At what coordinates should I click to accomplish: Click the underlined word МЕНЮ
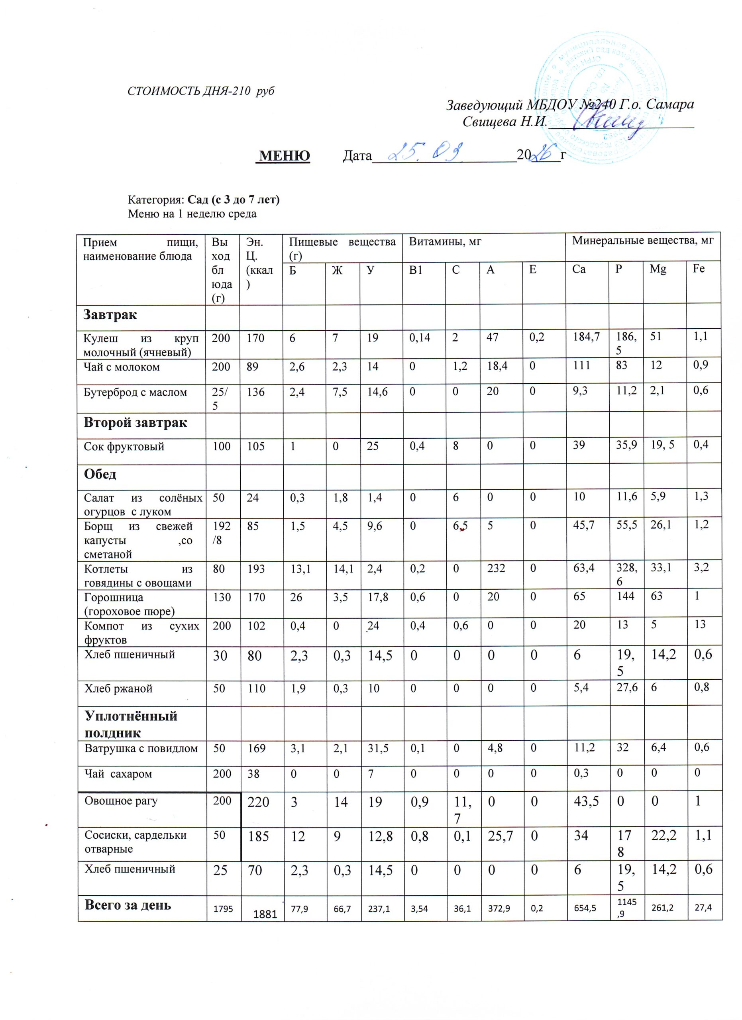point(285,156)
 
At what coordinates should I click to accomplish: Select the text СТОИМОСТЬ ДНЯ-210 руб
point(201,91)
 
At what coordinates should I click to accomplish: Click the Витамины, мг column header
point(445,241)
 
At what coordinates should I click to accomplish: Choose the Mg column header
point(658,269)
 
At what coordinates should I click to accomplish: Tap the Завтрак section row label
point(110,314)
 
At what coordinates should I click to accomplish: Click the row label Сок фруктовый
point(124,447)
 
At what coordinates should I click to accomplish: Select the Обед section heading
point(100,474)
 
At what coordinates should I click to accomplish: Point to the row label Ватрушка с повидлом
point(141,749)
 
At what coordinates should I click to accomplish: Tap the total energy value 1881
point(265,913)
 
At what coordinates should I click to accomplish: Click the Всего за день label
point(128,905)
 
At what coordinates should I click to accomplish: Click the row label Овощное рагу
point(121,800)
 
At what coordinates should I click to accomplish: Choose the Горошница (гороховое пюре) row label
point(129,604)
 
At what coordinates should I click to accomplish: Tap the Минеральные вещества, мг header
point(642,241)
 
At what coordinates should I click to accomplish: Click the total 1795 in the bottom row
point(223,908)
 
